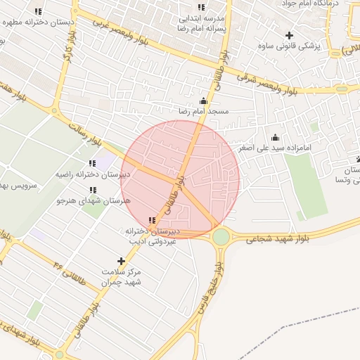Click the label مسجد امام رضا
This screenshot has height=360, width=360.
click(203, 111)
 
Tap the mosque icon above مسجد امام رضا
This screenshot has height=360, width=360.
click(204, 101)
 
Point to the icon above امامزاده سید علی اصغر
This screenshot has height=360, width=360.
click(275, 137)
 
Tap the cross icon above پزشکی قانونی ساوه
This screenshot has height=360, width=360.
click(289, 35)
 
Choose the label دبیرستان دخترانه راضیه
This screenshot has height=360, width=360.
click(91, 174)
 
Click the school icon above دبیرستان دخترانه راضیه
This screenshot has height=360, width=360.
click(92, 164)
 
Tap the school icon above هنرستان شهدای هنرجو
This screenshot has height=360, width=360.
click(93, 190)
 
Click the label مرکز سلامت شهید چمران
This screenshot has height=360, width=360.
click(122, 276)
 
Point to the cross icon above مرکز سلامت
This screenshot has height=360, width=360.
click(122, 261)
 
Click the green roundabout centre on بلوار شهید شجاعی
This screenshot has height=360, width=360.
click(221, 237)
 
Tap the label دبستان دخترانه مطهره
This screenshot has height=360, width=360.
click(38, 22)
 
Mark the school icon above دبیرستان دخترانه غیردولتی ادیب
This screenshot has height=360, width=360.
click(152, 220)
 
